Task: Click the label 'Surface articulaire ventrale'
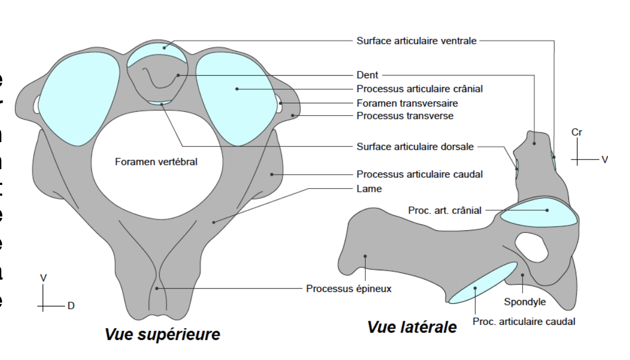click(416, 41)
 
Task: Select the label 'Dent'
click(367, 75)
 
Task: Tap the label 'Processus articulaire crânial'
click(419, 89)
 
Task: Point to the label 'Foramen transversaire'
click(407, 103)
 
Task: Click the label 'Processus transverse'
click(405, 116)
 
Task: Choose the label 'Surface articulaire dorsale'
click(415, 146)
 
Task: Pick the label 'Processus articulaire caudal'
click(419, 174)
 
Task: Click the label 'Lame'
click(369, 189)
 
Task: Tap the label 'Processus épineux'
click(348, 289)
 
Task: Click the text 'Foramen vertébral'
click(156, 162)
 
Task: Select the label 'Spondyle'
click(525, 302)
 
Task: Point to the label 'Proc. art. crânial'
click(445, 210)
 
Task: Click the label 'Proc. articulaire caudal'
click(524, 322)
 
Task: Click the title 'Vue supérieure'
click(163, 335)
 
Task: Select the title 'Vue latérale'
click(412, 327)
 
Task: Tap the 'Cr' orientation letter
click(577, 132)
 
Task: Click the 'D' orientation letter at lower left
click(71, 306)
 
